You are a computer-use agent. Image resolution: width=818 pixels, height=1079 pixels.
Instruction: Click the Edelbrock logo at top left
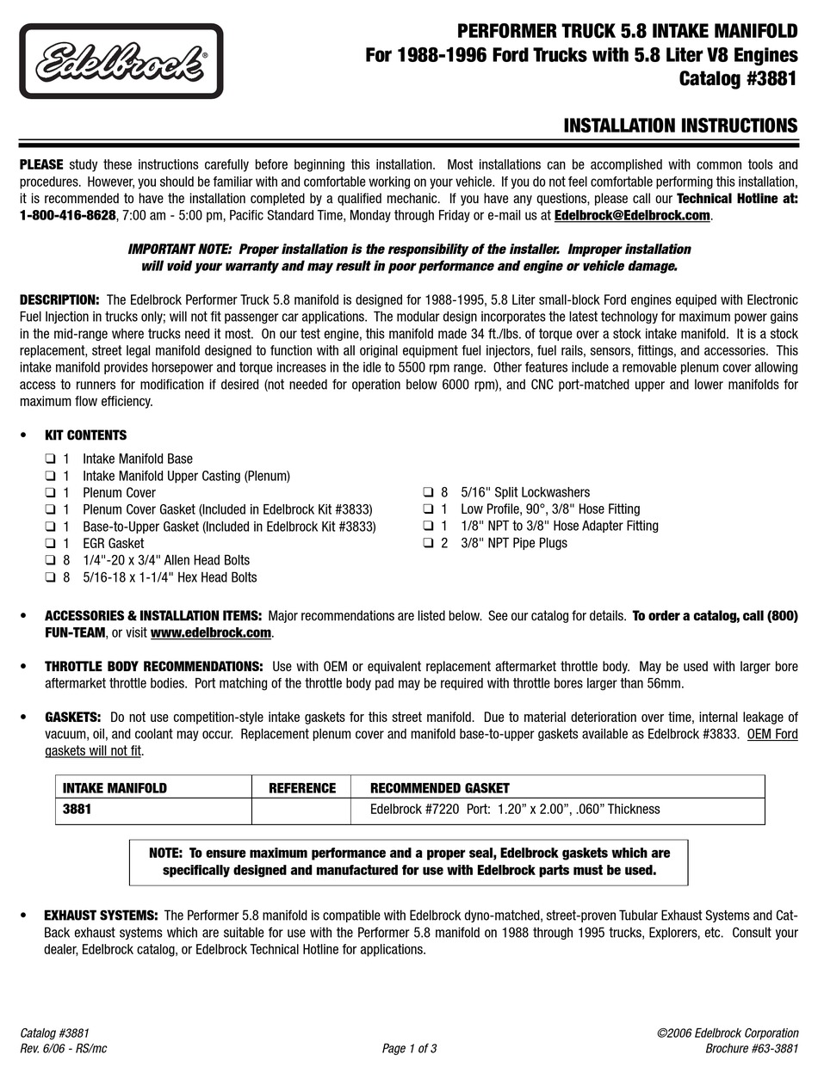(121, 61)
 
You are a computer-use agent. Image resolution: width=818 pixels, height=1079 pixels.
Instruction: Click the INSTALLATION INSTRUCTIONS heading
(680, 126)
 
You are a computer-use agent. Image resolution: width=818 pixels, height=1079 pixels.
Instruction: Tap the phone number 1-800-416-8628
(67, 215)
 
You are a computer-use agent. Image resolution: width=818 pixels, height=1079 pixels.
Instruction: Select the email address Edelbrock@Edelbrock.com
(632, 215)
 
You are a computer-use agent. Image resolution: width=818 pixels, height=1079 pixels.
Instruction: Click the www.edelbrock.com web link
(211, 633)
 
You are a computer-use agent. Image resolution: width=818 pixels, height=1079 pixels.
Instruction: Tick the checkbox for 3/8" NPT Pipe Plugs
(428, 543)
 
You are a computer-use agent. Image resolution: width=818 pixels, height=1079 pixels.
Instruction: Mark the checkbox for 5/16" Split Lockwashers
(428, 493)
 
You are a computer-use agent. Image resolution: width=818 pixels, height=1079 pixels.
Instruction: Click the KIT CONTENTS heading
(85, 435)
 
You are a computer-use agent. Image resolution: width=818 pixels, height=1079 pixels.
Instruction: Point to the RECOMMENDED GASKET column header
(439, 787)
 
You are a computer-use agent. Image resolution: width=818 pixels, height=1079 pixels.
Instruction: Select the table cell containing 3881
(77, 810)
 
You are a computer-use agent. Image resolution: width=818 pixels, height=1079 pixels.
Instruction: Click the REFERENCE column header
(301, 787)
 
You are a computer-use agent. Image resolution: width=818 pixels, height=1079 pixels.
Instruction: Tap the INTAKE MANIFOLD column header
(115, 787)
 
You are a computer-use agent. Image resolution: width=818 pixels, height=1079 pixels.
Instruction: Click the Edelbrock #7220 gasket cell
(514, 810)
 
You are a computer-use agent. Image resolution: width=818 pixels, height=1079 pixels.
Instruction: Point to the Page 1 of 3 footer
(409, 1048)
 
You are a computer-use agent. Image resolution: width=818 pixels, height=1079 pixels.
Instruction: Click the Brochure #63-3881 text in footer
(751, 1048)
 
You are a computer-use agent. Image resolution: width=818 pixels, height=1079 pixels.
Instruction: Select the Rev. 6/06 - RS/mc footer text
(63, 1048)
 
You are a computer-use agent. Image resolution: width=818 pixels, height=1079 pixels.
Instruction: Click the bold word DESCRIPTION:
(59, 299)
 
